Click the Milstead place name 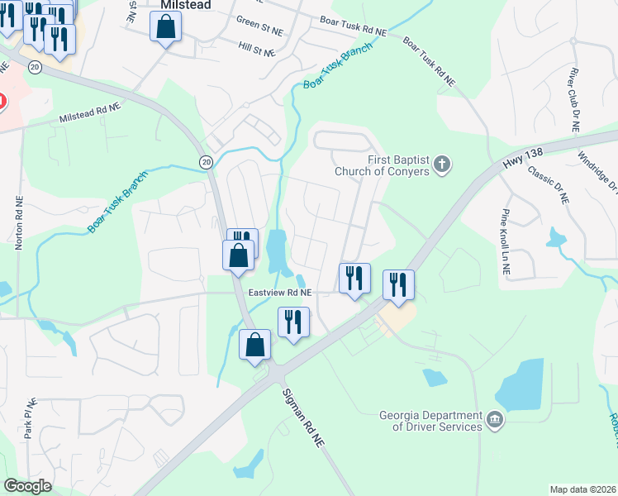pyautogui.click(x=185, y=5)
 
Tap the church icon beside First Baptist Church pyautogui.click(x=442, y=165)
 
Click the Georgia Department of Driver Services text pyautogui.click(x=430, y=421)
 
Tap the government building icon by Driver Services pyautogui.click(x=494, y=420)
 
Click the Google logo pyautogui.click(x=27, y=486)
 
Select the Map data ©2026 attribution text pyautogui.click(x=582, y=489)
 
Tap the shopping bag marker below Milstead pyautogui.click(x=165, y=27)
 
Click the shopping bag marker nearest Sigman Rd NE pyautogui.click(x=254, y=345)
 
